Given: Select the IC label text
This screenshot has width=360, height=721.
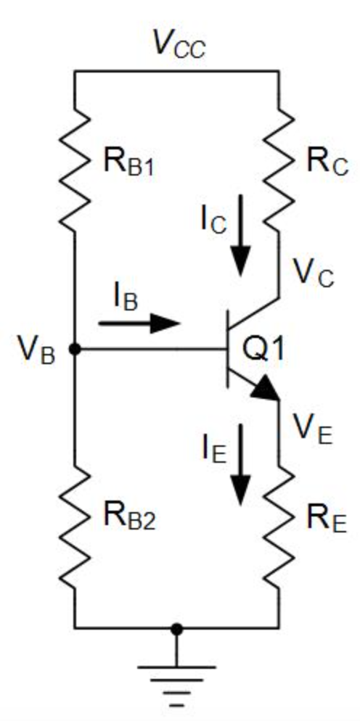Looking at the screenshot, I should click(213, 220).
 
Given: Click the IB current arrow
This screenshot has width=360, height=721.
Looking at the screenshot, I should click(139, 323).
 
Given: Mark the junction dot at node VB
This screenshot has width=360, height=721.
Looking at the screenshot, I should click(75, 350).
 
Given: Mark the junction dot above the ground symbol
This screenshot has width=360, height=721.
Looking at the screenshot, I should click(175, 628).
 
